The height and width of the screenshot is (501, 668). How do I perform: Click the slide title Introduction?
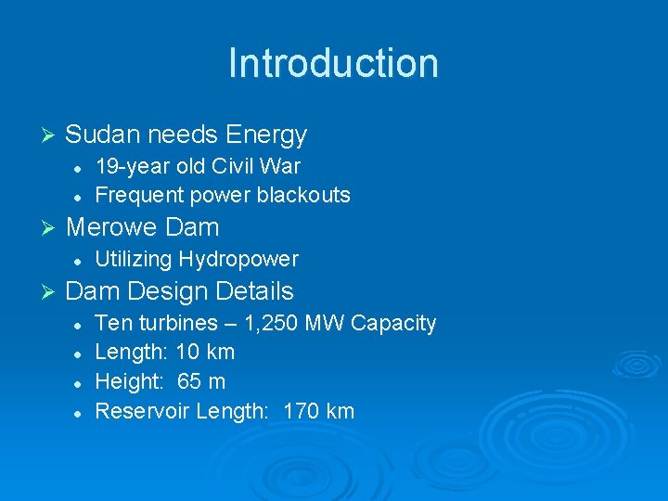point(333,63)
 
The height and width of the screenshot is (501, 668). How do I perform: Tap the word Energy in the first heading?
point(265,135)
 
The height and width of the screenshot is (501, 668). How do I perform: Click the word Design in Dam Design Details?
point(169,291)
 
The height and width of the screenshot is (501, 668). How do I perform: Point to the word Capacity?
point(392,323)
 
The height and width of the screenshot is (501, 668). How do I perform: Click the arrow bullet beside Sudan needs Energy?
point(51,135)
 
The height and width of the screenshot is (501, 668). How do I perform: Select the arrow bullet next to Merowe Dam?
point(51,227)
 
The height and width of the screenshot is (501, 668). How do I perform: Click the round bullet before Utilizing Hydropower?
point(80,260)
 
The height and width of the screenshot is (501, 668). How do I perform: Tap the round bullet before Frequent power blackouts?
point(80,196)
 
